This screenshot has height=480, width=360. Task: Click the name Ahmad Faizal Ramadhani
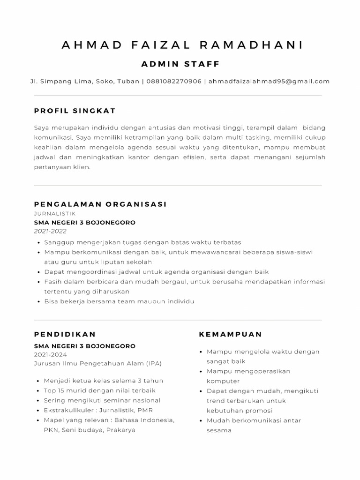point(182,45)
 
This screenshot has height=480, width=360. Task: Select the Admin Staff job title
point(180,64)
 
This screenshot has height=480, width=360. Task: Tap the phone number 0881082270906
point(174,81)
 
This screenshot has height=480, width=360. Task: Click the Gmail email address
point(269,81)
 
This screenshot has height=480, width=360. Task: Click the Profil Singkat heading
point(75,111)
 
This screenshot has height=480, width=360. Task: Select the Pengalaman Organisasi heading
point(100,204)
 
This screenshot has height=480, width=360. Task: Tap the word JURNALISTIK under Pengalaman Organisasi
point(55,213)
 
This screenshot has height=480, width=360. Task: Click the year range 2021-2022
point(50,231)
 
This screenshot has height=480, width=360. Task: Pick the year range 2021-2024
point(50,355)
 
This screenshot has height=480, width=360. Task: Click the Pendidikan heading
point(65,334)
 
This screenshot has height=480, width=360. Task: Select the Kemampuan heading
point(231,334)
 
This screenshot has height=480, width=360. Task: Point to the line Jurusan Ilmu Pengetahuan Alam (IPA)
point(97,363)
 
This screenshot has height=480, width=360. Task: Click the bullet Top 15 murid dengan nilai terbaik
point(99,390)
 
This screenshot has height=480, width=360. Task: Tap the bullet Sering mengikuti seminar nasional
point(102,400)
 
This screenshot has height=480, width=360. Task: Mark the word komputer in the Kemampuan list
point(223,381)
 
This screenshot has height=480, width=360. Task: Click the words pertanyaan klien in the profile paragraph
point(62,167)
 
